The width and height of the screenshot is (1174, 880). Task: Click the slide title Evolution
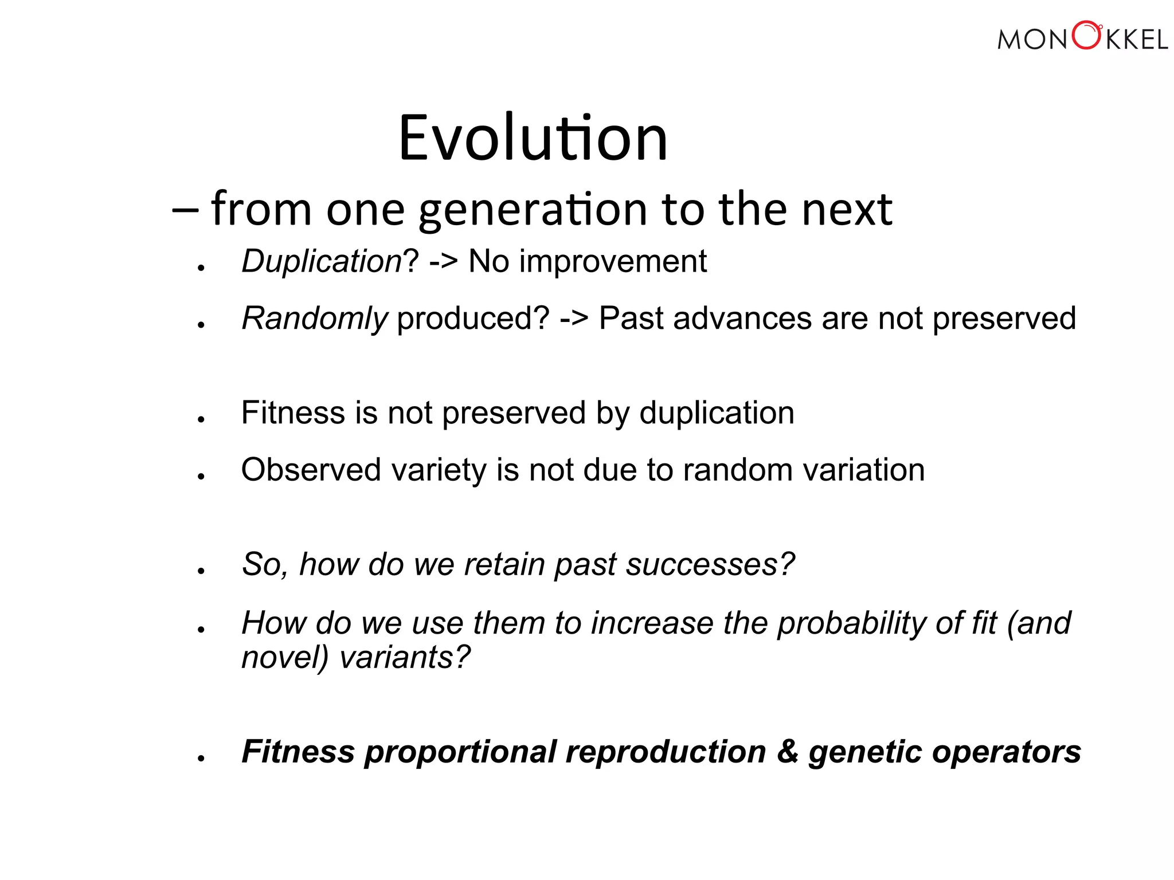point(533,138)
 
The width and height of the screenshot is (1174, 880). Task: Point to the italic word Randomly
point(315,319)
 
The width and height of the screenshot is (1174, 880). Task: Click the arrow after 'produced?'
point(574,319)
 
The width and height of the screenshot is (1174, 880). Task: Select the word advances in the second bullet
point(742,319)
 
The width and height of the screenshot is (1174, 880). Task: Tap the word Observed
point(311,470)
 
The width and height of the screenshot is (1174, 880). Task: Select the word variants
point(405,657)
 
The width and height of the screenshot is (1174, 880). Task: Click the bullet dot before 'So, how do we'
point(201,571)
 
